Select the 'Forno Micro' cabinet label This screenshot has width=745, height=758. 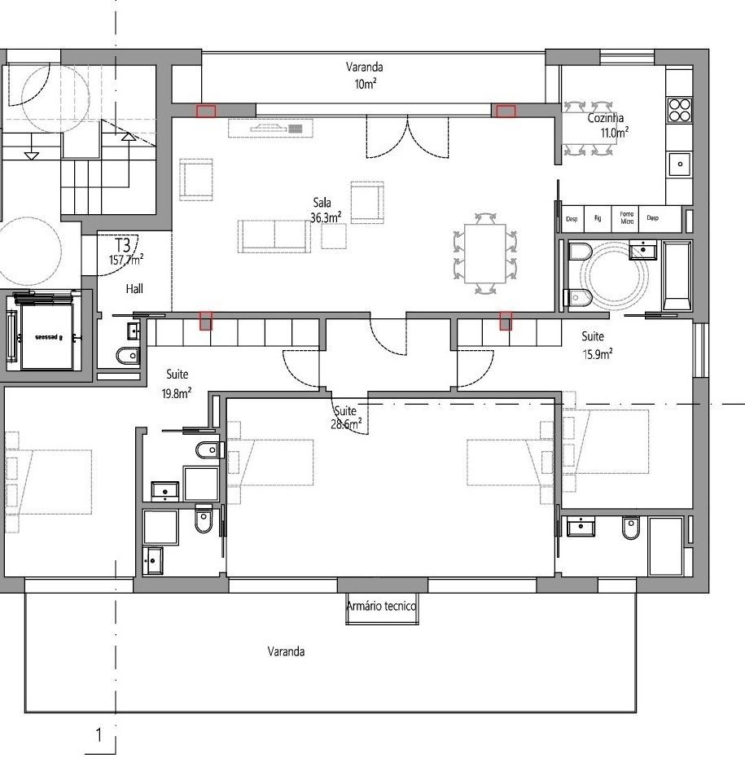[x=626, y=217]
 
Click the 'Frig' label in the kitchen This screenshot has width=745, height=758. [x=598, y=218]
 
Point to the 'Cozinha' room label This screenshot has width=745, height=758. [x=605, y=118]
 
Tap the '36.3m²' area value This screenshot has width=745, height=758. [x=325, y=217]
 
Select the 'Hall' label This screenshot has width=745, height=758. [x=135, y=288]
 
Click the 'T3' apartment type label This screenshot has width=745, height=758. [x=123, y=245]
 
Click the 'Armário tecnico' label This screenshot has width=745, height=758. [x=382, y=607]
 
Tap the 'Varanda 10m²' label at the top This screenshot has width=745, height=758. [x=364, y=75]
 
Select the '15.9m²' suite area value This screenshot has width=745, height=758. [x=597, y=353]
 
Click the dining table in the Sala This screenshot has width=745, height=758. [x=485, y=254]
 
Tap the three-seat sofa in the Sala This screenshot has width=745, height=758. [x=274, y=234]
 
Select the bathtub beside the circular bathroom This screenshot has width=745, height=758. [x=677, y=276]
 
